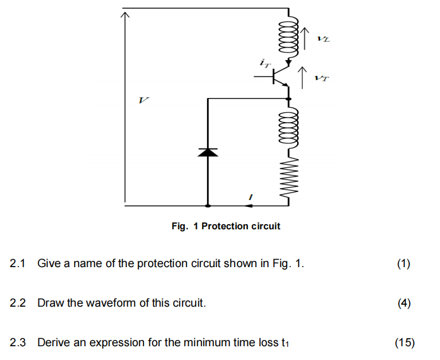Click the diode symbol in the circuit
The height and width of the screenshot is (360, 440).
point(207,152)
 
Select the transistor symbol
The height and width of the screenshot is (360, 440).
point(281,75)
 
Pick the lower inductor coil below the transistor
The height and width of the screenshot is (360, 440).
point(287,129)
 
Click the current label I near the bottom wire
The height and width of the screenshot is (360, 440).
point(249,198)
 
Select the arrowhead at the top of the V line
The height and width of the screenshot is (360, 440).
point(123,14)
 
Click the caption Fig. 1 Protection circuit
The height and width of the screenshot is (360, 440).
point(225,226)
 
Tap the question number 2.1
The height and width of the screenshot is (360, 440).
point(19,264)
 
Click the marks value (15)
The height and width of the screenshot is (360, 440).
point(404,343)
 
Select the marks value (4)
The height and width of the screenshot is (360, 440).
point(404,303)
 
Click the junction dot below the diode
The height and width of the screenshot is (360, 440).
point(207,205)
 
